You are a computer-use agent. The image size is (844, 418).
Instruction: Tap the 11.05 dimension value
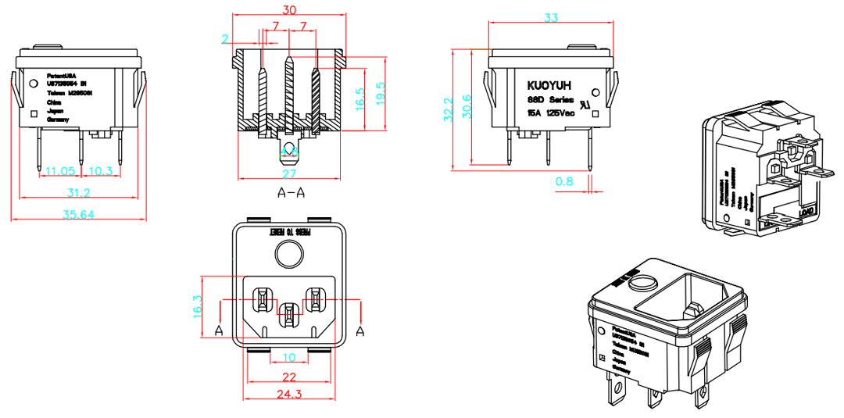click(59, 170)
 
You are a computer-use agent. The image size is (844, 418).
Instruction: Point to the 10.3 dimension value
click(99, 170)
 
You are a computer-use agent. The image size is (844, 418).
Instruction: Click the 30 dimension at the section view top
click(289, 10)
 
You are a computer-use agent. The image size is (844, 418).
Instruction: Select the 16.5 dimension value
click(359, 98)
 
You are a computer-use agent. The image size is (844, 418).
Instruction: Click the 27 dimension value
click(289, 173)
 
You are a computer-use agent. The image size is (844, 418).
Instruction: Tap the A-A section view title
click(291, 192)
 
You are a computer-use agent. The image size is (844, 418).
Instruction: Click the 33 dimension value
click(551, 16)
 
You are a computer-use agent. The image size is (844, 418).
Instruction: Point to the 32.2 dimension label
click(449, 110)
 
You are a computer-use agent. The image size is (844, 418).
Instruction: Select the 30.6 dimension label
click(467, 106)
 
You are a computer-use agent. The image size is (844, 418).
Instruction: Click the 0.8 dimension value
click(563, 181)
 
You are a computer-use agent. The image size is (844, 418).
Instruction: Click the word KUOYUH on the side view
click(549, 84)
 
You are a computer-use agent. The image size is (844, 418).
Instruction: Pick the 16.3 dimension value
click(198, 307)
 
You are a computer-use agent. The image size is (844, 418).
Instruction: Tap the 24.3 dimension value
click(289, 394)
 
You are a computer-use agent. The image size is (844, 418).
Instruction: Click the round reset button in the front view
click(288, 255)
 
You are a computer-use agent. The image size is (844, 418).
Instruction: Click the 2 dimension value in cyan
click(225, 38)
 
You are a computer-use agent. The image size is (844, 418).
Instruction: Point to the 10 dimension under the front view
click(289, 358)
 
